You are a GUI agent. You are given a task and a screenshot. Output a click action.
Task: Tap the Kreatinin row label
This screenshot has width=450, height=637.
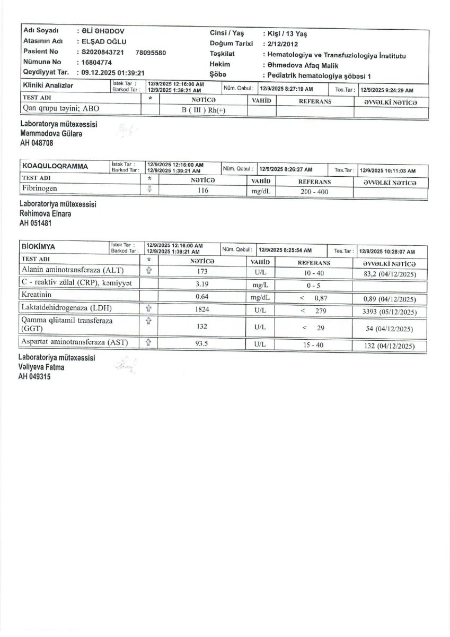click(37, 295)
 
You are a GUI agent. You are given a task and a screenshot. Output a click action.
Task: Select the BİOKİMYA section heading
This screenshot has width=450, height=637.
click(38, 247)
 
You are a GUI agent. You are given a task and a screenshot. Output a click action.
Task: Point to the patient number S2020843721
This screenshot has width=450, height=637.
click(102, 52)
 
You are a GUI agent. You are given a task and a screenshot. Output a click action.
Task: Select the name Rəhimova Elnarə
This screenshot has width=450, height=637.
click(45, 213)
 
